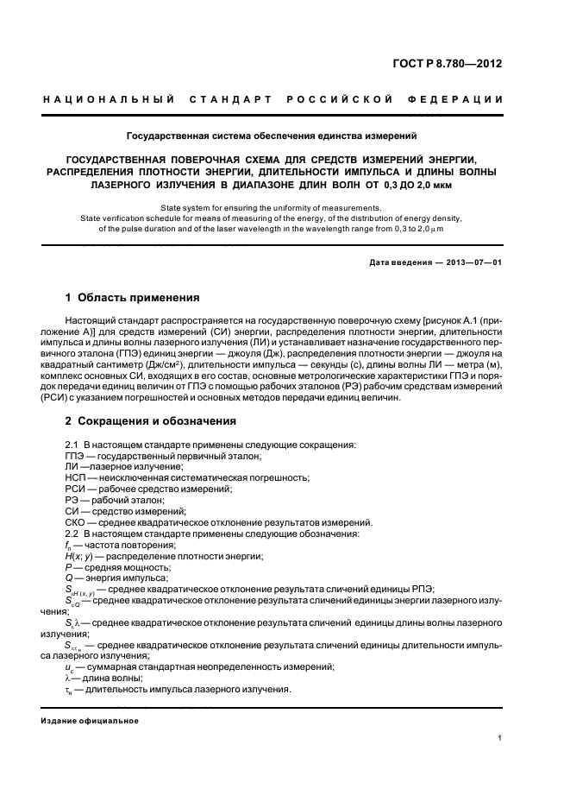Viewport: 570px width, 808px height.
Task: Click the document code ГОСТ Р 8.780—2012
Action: [447, 64]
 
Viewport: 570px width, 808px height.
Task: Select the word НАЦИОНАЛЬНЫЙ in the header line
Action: [110, 100]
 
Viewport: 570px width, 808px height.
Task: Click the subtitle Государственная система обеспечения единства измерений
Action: [272, 136]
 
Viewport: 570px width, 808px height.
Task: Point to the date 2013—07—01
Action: [469, 262]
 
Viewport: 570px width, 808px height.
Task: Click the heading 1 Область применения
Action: [133, 298]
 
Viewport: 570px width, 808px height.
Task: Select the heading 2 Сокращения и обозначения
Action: [151, 421]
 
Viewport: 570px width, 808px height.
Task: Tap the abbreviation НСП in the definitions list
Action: [76, 477]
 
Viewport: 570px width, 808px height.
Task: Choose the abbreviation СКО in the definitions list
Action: [77, 522]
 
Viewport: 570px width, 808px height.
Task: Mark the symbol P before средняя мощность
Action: [68, 567]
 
